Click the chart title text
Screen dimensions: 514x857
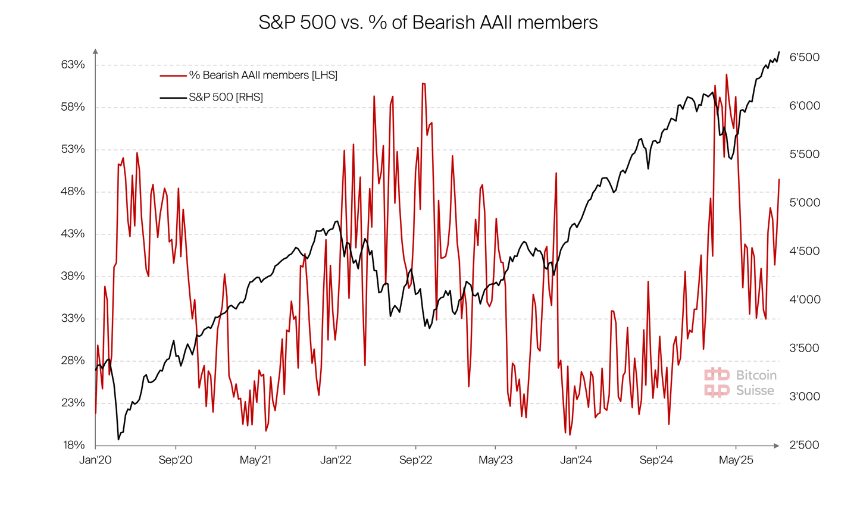[428, 23]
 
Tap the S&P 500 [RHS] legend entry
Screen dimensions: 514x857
[226, 97]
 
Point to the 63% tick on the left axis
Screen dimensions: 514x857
[73, 65]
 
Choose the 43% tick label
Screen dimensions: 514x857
[73, 234]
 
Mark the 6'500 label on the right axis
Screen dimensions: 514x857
[804, 58]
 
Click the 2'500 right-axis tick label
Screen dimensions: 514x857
[804, 445]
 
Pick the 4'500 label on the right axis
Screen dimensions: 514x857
[804, 251]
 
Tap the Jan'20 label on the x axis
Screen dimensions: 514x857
[95, 460]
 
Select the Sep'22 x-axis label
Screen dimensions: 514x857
[415, 460]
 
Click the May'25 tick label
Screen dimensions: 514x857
[736, 460]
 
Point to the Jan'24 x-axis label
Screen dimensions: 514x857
[576, 460]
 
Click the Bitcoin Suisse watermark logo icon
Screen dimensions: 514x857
[717, 383]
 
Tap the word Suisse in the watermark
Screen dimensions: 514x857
[755, 391]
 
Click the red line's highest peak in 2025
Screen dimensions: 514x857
[727, 75]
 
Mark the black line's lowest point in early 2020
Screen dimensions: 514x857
[118, 440]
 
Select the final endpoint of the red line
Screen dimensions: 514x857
[779, 180]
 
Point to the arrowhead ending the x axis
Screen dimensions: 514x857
[776, 446]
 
